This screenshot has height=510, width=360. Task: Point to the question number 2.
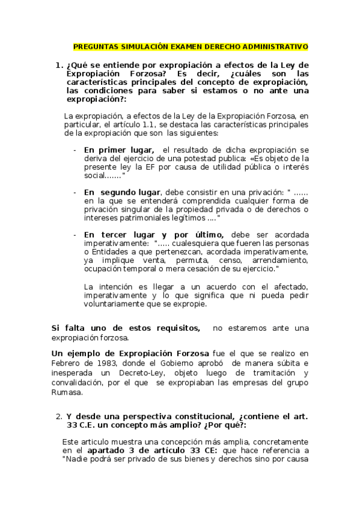point(58,416)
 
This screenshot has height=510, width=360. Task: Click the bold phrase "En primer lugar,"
point(118,150)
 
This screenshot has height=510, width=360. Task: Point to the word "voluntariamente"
point(115,304)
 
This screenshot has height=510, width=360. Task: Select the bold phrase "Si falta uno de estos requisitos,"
point(126,328)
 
